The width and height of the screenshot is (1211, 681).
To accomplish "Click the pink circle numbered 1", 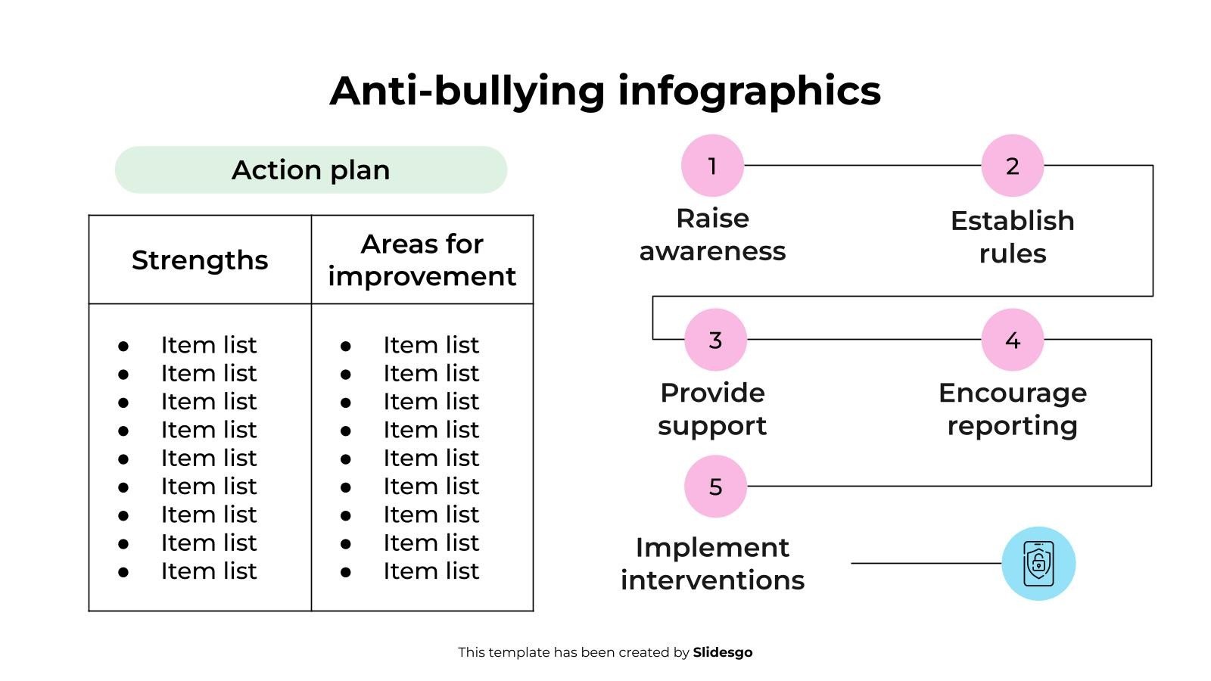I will tap(712, 166).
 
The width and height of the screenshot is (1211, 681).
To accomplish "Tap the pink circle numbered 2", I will tap(1012, 166).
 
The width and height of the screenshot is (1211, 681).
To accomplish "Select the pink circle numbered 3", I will tap(715, 340).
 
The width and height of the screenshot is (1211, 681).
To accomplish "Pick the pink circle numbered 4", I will tap(1012, 340).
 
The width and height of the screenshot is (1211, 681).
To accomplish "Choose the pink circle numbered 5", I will tap(715, 487).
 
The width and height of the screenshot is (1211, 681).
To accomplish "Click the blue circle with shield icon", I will tap(1038, 564).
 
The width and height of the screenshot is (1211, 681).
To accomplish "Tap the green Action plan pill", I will tap(310, 170).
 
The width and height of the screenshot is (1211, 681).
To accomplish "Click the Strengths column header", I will tap(200, 260).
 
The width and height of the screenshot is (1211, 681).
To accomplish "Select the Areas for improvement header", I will tap(422, 260).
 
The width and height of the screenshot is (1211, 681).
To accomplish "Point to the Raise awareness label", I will tap(712, 235).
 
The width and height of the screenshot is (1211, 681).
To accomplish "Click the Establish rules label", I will tap(1012, 237).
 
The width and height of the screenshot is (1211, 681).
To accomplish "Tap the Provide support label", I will tap(712, 409).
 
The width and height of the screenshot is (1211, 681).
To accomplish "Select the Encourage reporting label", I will tap(1012, 409).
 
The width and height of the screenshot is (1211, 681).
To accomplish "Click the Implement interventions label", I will tap(712, 564).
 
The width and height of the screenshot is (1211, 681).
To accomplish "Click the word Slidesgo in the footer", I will tap(722, 652).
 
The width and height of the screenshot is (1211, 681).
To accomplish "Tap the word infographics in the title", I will tap(749, 92).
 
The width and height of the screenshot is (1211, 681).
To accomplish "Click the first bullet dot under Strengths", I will tap(123, 347).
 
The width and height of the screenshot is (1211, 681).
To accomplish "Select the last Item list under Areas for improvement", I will tap(431, 571).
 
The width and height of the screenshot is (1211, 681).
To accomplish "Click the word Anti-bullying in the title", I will tap(467, 92).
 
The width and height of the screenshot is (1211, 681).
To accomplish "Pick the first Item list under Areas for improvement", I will tap(431, 345).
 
